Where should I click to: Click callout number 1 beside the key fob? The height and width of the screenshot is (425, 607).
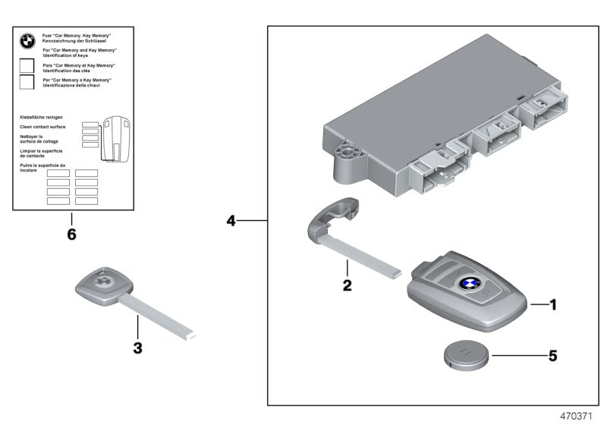[x=553, y=305]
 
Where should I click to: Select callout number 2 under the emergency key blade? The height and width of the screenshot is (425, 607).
[x=347, y=286]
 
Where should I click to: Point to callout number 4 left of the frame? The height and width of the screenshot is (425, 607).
[x=232, y=221]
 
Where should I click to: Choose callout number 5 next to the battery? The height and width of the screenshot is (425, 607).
[x=552, y=354]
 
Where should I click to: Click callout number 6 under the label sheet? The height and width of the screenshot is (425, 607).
[x=71, y=235]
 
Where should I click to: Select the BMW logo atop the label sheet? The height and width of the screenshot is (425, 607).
[x=27, y=42]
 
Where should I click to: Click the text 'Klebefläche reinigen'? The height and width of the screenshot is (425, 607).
[x=41, y=118]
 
